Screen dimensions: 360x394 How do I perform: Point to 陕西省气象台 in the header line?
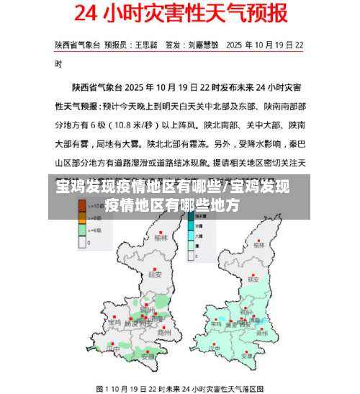76,45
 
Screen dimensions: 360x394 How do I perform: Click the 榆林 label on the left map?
161,237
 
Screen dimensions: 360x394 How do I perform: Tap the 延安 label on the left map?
153,274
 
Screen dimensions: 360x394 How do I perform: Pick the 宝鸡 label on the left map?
114,323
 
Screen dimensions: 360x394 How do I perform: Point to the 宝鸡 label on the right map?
215,324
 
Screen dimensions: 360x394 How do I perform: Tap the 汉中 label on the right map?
214,349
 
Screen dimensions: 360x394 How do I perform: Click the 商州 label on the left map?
164,333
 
